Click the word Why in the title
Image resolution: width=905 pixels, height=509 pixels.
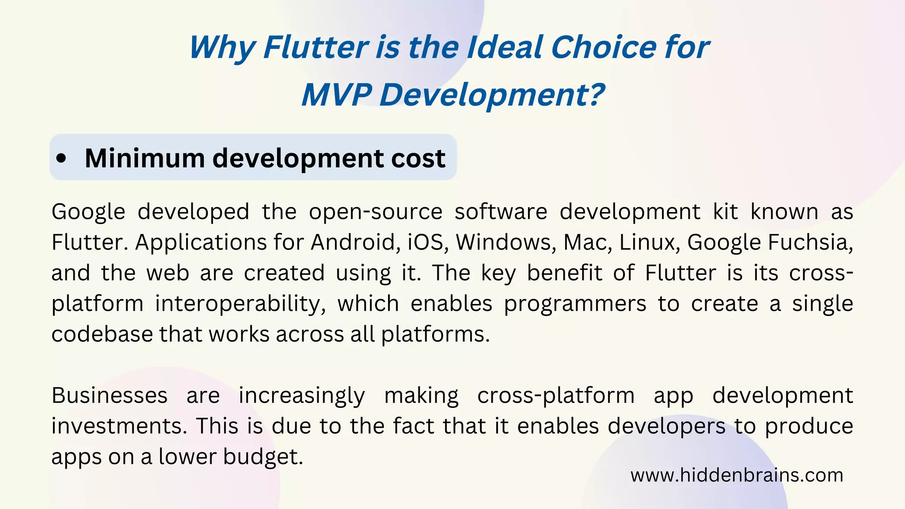pyautogui.click(x=223, y=48)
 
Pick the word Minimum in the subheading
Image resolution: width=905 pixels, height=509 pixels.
pyautogui.click(x=144, y=158)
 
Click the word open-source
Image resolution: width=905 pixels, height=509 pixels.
pyautogui.click(x=376, y=212)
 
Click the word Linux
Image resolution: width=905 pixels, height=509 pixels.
pyautogui.click(x=649, y=242)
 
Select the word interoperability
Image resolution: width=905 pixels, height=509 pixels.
pyautogui.click(x=240, y=304)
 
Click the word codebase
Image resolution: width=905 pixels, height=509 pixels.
pyautogui.click(x=102, y=334)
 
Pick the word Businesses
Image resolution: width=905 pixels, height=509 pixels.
pyautogui.click(x=110, y=395)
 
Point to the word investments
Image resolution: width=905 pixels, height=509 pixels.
pyautogui.click(x=118, y=426)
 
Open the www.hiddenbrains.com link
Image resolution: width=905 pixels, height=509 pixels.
pyautogui.click(x=737, y=475)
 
